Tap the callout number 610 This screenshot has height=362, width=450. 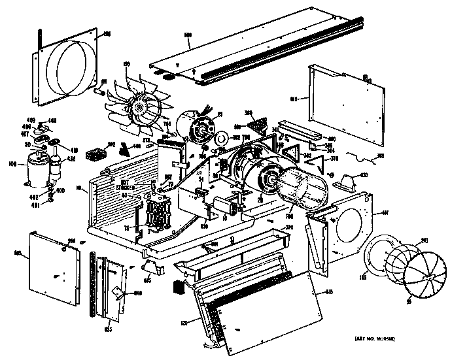294,99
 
